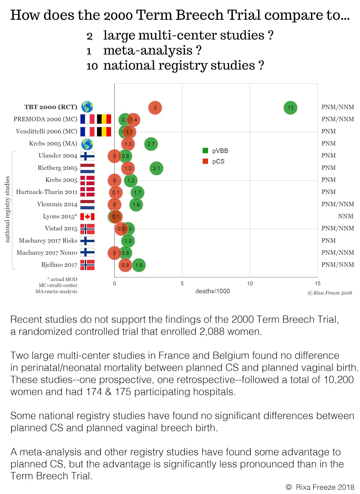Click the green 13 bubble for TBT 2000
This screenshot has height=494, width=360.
290,108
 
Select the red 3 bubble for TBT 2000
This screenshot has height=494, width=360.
155,108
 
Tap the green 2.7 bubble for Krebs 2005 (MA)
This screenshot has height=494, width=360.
151,144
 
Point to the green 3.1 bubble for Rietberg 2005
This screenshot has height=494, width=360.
156,169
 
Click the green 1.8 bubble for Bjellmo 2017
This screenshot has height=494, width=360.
139,265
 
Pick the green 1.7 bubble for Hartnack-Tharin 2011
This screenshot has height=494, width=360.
138,193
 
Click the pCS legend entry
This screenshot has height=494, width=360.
214,161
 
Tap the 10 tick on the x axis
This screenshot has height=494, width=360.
250,283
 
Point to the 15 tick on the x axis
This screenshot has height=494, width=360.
317,283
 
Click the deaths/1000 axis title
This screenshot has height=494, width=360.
213,291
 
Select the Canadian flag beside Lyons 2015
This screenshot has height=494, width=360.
87,217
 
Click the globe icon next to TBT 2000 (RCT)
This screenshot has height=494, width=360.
87,107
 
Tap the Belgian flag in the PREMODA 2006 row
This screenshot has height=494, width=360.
104,119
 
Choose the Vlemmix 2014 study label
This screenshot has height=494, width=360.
57,204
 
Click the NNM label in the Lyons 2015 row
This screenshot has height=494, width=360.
346,216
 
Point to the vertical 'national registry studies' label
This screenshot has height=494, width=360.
7,209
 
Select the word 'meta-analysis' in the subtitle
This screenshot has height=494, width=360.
148,50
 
